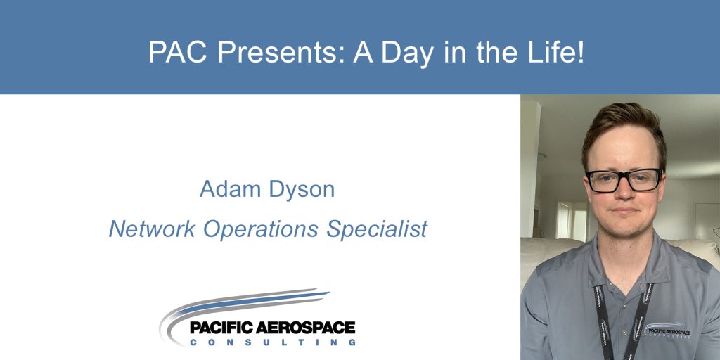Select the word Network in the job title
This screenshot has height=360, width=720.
[x=152, y=229]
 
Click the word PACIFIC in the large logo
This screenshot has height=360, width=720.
[x=222, y=328]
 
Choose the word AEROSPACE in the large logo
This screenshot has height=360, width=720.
[x=306, y=328]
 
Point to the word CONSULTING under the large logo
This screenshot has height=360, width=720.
[x=273, y=342]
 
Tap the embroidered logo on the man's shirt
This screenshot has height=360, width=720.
[x=667, y=330]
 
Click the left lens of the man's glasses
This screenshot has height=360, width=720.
[x=604, y=181]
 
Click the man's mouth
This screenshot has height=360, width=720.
[x=625, y=211]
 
